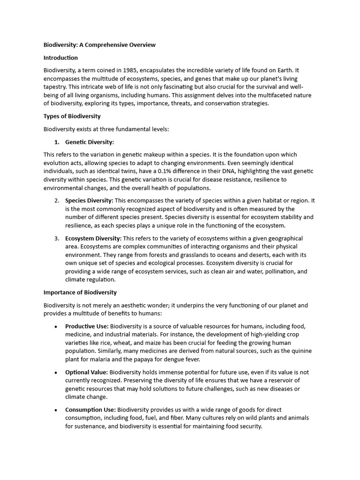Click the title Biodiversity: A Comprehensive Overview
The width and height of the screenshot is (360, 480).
click(99, 45)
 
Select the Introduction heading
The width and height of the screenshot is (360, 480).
click(60, 58)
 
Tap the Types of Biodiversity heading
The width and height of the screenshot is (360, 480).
click(72, 116)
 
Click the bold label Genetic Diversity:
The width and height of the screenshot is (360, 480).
click(90, 142)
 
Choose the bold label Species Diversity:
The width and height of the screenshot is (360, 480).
click(89, 201)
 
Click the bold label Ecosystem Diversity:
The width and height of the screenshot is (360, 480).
click(93, 239)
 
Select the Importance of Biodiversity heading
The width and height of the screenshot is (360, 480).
click(80, 292)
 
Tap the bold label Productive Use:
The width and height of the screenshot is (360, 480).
click(87, 326)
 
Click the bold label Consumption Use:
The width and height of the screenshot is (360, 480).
click(90, 410)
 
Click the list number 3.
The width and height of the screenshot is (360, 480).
click(56, 239)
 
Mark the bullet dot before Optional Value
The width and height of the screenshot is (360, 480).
click(56, 373)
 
